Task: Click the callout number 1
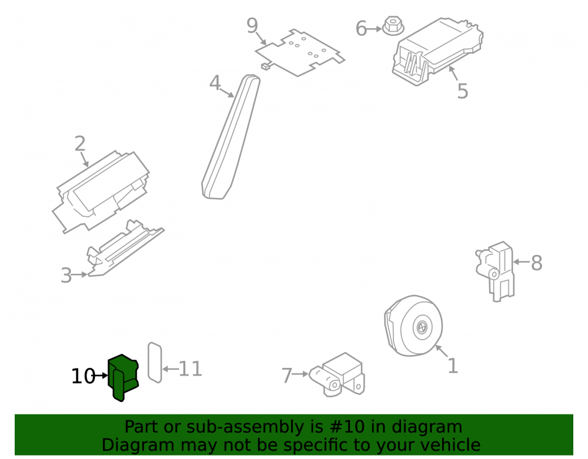coord(453,366)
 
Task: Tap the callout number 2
coord(80,144)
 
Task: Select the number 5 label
coord(462,91)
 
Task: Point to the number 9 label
coord(252,25)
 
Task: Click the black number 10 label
coord(83,376)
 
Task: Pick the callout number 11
coord(191,369)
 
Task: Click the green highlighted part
coord(123,377)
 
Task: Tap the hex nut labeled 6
coord(393,26)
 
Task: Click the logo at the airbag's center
coord(422,327)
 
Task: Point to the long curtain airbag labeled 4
coord(231,137)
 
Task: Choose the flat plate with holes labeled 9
coord(300,52)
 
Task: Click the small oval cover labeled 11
coord(155,363)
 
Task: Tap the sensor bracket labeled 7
coord(337,375)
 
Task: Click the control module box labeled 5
coord(437,51)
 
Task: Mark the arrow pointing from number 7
coord(300,374)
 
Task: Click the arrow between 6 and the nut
coord(374,28)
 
